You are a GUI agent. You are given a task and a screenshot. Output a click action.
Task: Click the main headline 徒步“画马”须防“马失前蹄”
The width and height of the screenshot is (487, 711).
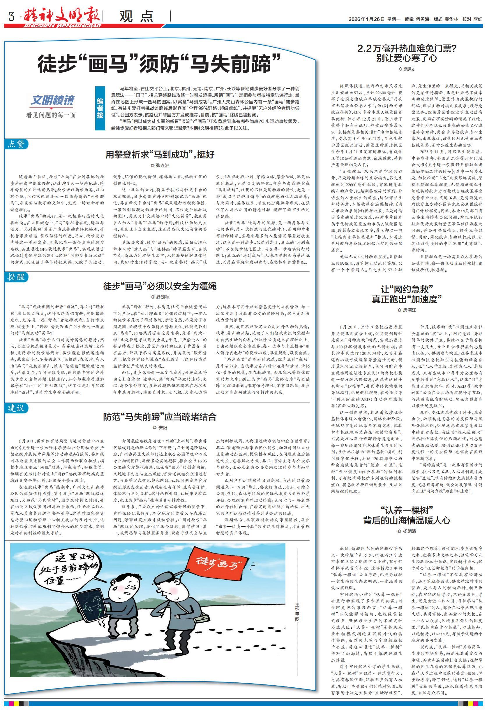[159, 63]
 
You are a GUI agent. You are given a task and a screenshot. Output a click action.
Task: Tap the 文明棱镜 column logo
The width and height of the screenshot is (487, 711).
[52, 100]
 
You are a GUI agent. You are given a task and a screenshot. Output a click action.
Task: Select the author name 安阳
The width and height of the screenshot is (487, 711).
[161, 428]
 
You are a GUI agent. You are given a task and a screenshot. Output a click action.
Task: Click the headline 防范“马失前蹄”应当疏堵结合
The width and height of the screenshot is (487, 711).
[160, 417]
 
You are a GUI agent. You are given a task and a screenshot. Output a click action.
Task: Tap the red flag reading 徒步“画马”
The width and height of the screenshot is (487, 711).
[217, 561]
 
